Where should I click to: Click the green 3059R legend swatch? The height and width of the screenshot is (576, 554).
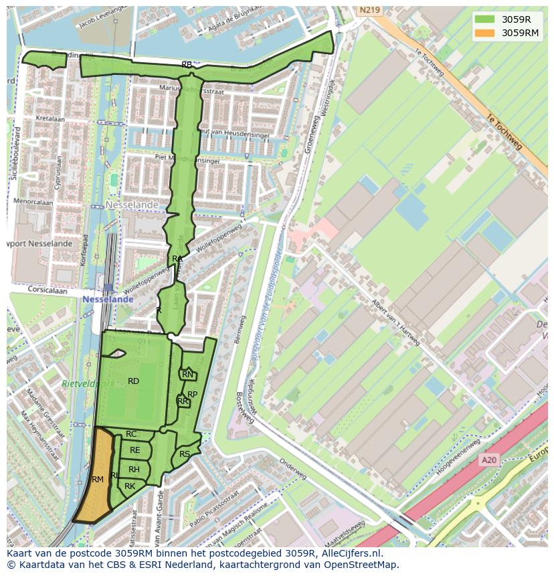point(486,19)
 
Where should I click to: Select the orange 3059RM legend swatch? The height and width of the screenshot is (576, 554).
point(486,33)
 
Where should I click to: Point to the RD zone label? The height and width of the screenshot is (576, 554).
point(133,381)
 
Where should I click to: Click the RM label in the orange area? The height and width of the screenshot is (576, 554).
point(98,480)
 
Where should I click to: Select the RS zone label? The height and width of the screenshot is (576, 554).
point(185,454)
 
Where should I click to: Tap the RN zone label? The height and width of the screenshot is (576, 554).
point(187,375)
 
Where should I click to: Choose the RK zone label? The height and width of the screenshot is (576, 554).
point(130,486)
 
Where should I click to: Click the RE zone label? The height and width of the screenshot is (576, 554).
point(135,450)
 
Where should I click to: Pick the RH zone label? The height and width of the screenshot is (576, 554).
point(134,470)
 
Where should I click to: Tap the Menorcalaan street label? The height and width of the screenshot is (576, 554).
point(34,201)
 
